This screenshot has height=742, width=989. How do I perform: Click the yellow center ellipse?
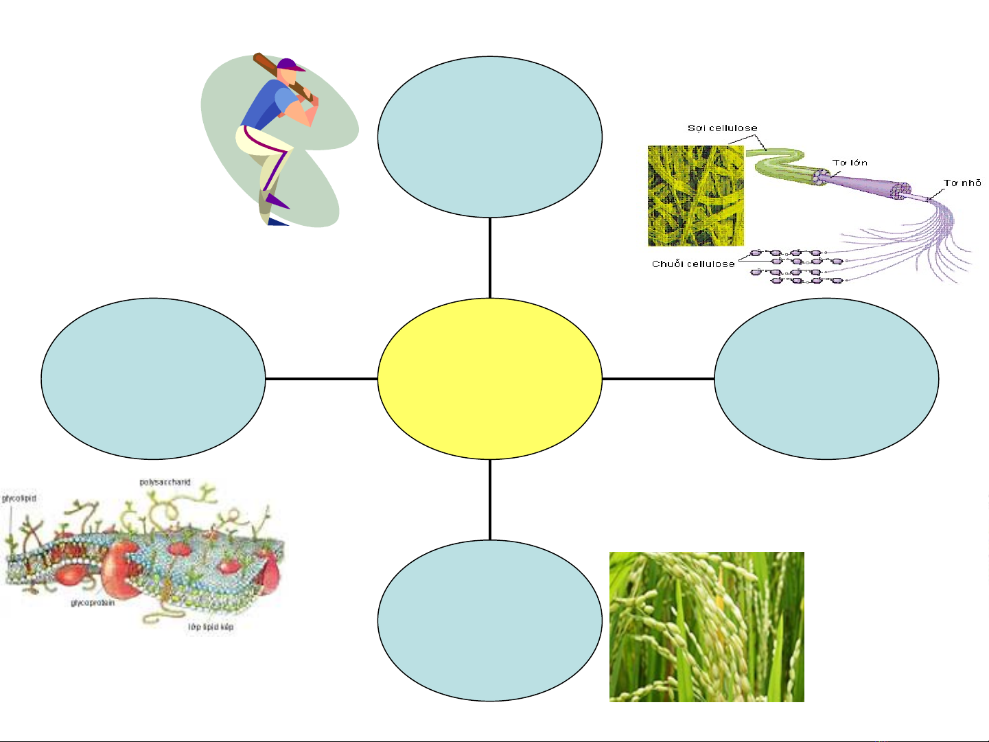490,378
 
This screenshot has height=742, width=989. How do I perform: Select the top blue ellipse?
490,137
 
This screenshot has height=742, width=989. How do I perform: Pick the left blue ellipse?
153,378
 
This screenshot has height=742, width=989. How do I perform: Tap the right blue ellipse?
826,378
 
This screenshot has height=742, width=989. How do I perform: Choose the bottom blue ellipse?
490,620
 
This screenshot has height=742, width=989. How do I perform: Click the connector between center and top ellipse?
490,257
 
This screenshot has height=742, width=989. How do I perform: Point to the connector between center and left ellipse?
321,378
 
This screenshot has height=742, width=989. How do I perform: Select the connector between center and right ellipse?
658,378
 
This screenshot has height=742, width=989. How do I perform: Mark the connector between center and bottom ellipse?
490,499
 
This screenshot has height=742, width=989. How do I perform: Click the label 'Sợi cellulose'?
722,128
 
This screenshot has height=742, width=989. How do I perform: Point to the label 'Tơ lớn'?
850,163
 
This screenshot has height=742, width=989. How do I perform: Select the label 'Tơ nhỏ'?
962,183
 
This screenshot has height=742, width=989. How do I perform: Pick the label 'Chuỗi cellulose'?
693,264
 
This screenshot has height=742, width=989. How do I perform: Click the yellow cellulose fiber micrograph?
696,196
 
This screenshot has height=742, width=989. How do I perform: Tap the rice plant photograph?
706,627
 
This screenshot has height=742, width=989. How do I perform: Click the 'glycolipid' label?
19,498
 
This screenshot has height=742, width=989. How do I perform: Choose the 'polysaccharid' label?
165,482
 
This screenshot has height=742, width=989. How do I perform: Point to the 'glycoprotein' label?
93,603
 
